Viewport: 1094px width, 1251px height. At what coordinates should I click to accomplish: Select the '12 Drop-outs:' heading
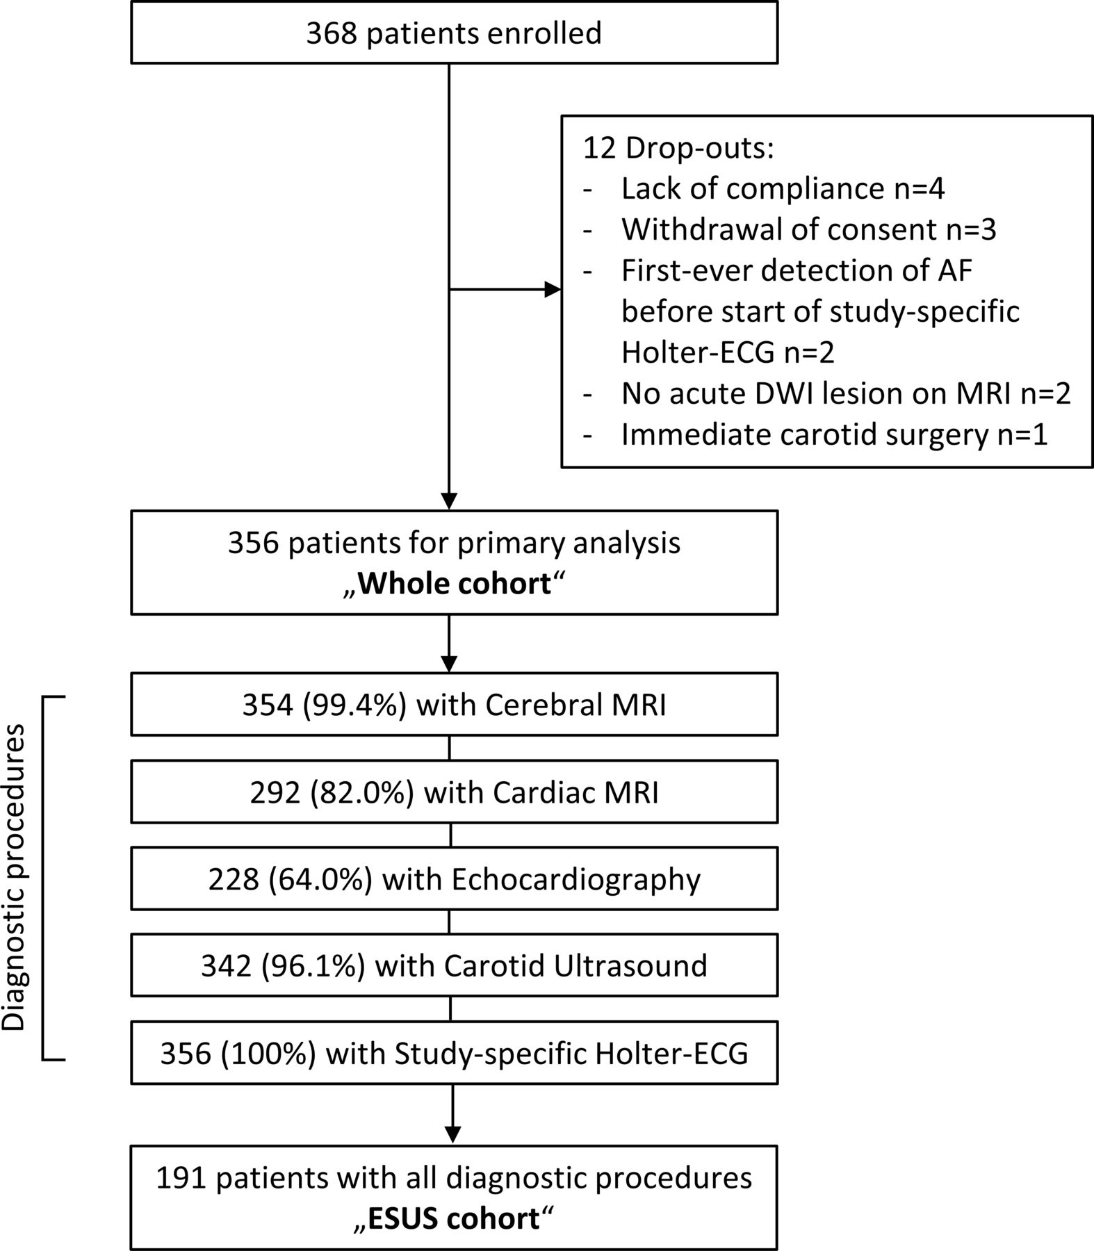pos(678,148)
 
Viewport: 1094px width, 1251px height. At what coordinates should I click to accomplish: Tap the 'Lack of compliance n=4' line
pos(783,189)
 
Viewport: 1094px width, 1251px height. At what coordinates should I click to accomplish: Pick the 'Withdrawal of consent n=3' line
pos(809,230)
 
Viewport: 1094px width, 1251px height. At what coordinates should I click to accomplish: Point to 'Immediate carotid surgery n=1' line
pos(834,434)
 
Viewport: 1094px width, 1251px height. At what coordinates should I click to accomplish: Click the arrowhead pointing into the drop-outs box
pos(552,290)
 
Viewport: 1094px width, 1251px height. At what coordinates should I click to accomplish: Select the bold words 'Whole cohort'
pos(455,583)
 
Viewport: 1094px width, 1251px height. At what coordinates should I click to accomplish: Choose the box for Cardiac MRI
pos(454,792)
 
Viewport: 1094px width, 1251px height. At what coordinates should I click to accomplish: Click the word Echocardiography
pos(575,880)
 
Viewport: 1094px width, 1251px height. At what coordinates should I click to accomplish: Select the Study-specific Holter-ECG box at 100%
pos(454,1053)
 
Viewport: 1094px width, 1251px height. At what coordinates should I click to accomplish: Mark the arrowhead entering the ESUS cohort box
pos(452,1136)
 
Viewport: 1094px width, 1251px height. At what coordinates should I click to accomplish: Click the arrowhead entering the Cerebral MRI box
pos(449,664)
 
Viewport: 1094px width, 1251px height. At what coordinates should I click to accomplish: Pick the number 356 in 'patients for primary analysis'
pos(254,543)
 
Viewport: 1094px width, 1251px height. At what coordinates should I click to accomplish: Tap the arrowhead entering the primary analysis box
pos(449,501)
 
